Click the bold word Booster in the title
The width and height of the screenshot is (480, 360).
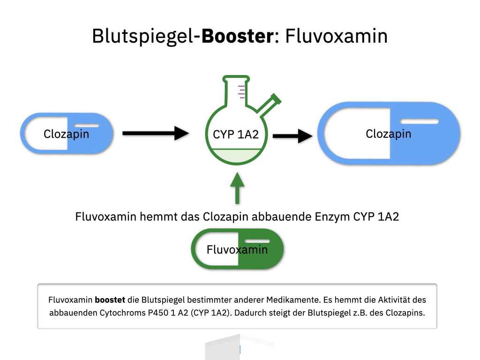[237, 36]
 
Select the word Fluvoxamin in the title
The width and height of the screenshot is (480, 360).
[337, 36]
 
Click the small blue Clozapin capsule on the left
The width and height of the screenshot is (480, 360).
[67, 134]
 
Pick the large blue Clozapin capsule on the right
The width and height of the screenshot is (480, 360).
[389, 134]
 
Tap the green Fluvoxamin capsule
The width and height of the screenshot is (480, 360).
[237, 249]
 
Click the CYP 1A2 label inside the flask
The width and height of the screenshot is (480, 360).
[236, 135]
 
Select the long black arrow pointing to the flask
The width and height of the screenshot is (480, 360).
[155, 133]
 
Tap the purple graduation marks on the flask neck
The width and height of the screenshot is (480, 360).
[242, 92]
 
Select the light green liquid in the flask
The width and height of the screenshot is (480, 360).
[236, 156]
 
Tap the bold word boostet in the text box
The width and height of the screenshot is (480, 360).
[110, 300]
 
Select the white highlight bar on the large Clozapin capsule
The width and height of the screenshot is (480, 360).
[420, 122]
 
